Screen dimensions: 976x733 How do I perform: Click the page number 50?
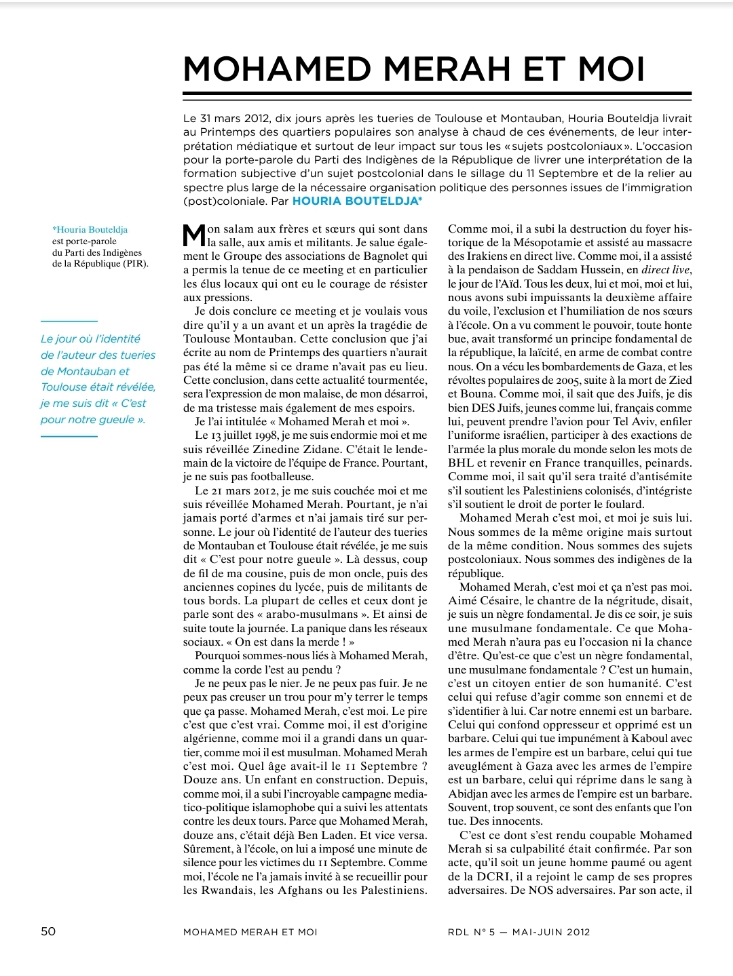coord(48,931)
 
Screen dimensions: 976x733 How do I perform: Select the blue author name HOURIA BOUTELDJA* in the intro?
coord(357,201)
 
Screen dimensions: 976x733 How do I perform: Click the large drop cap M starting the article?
coord(195,235)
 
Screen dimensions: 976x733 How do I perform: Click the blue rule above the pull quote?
coord(69,321)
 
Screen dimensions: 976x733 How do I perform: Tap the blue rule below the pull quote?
coord(69,436)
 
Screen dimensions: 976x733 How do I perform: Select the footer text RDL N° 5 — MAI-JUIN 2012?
coord(519,932)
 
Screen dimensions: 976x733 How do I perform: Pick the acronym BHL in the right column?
coord(461,463)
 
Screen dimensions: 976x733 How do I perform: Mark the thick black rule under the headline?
coord(437,93)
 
